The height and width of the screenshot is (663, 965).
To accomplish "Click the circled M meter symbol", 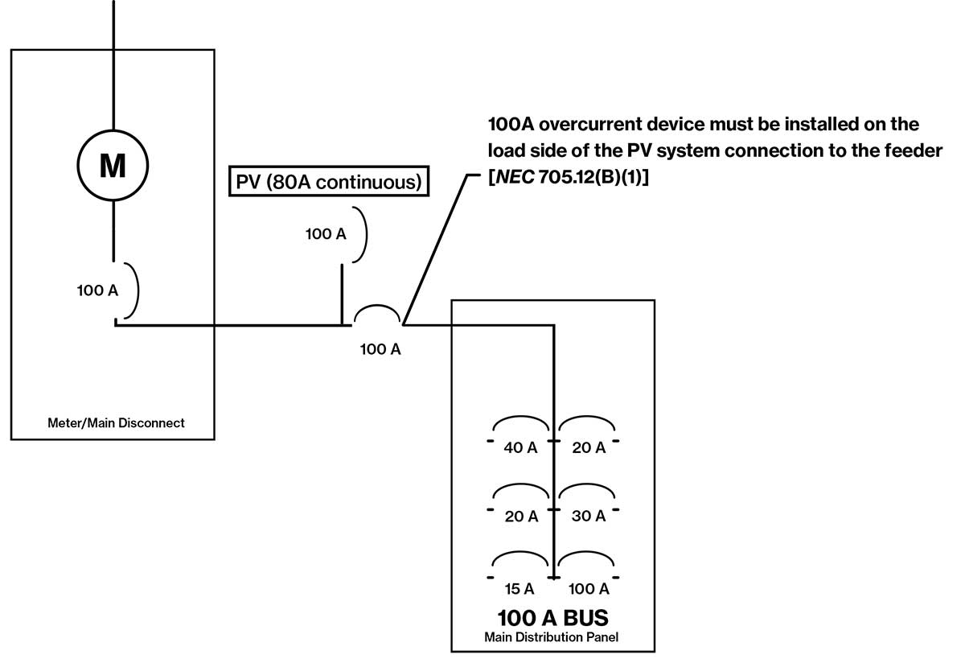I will (x=113, y=166).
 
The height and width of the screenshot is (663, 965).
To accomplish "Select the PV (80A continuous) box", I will (x=327, y=182).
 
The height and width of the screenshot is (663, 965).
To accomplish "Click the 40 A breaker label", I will (x=520, y=448).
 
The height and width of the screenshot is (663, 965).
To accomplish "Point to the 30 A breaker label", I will (x=589, y=517).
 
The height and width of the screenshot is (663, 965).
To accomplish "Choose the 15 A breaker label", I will (x=520, y=589).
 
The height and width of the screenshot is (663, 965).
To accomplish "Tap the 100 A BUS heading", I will (x=553, y=619).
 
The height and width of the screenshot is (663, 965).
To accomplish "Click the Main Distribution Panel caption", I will (x=553, y=637).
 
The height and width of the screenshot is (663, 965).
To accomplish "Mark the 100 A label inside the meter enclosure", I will (x=97, y=290).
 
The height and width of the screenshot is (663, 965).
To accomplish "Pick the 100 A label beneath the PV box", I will (x=326, y=234).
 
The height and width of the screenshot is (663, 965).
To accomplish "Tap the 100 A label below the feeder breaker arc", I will (x=380, y=349).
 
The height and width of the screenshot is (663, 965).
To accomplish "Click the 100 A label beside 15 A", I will (x=588, y=589).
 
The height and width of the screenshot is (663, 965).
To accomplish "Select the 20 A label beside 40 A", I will (x=589, y=448).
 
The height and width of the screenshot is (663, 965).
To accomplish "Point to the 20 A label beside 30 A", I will (x=520, y=517).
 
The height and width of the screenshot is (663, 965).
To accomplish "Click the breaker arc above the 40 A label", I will (x=521, y=424).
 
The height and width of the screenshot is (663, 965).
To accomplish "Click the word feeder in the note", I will (x=910, y=150).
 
